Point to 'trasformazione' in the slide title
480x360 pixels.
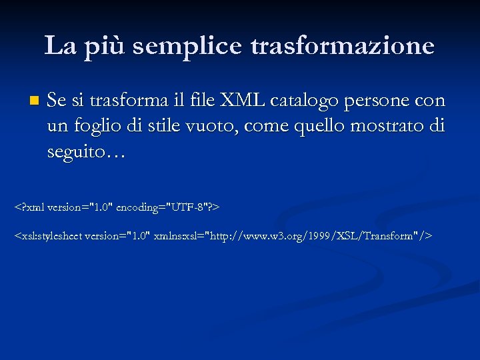click(x=343, y=45)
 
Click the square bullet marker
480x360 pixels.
click(x=35, y=102)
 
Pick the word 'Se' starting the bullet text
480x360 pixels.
click(x=57, y=101)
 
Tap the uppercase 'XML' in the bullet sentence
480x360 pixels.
click(x=236, y=101)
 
